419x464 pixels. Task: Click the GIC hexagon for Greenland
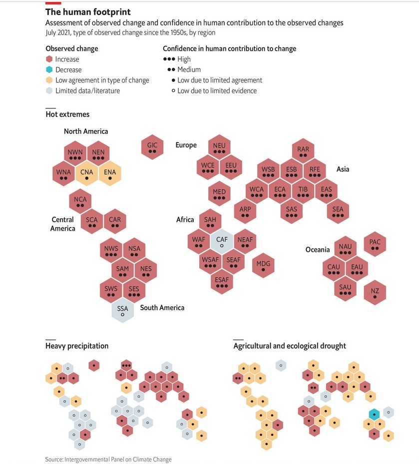(152, 147)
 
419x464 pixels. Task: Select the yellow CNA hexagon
(87, 174)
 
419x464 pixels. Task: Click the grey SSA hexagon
(122, 310)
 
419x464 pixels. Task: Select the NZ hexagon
(375, 292)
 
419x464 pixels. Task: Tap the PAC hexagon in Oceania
(375, 244)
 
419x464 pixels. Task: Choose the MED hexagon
(219, 194)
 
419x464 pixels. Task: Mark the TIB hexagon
(303, 191)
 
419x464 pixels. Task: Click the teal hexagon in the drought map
(374, 414)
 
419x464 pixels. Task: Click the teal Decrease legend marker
(49, 70)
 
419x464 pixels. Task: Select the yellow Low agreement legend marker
(49, 80)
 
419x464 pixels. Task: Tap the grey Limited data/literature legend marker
(49, 90)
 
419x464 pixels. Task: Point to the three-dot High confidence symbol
(170, 59)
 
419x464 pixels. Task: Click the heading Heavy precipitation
(77, 346)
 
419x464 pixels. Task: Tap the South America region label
(162, 307)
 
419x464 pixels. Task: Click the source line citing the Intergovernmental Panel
(108, 459)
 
